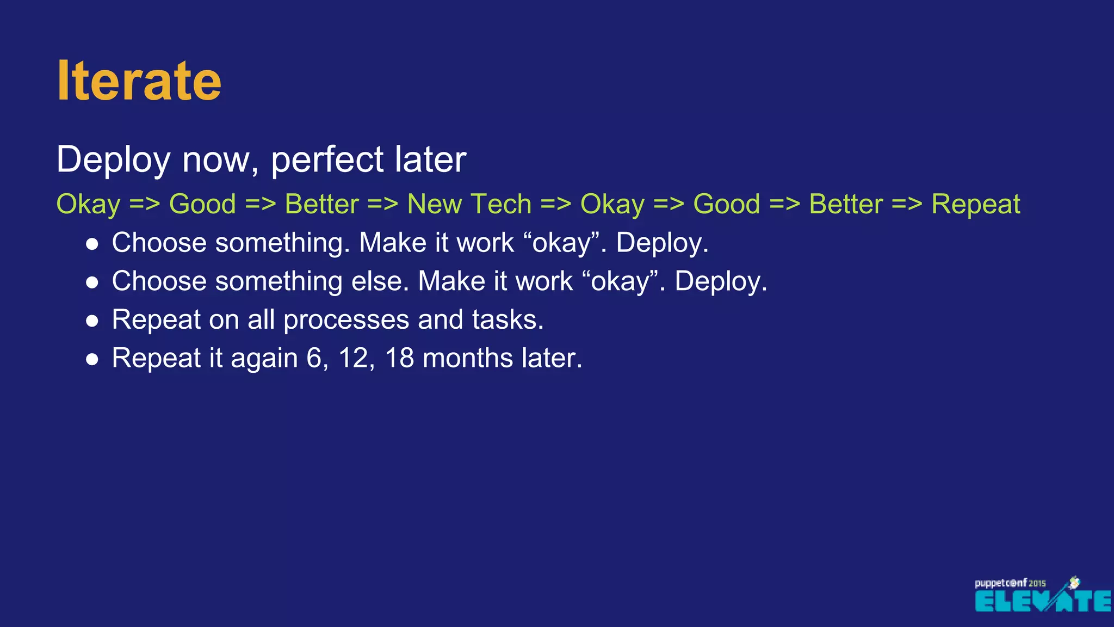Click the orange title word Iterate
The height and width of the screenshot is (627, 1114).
coord(139,81)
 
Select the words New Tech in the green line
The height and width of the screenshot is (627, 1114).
coord(469,205)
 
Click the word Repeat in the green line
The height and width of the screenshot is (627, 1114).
coord(975,205)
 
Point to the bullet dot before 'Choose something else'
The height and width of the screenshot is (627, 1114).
coord(92,282)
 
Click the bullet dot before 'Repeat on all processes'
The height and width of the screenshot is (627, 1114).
coord(92,321)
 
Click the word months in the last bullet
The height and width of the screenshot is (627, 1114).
coord(467,358)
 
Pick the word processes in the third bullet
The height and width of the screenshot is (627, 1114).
coord(346,320)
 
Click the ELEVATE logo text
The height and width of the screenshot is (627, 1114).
coord(1042,601)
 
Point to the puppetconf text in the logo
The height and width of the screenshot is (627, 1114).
coord(1000,583)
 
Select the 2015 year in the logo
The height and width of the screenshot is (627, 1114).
coord(1037,583)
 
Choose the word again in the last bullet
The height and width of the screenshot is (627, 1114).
coord(264,359)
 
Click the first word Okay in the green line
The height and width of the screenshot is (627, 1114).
coord(88,205)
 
